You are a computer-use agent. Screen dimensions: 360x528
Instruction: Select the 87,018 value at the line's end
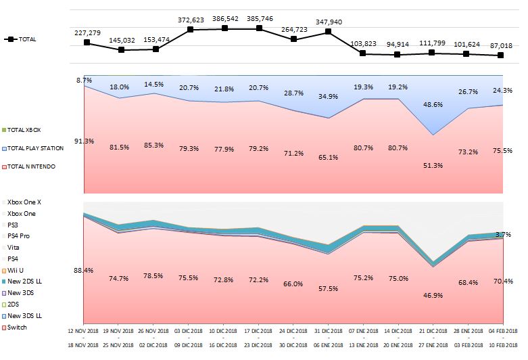pos(501,45)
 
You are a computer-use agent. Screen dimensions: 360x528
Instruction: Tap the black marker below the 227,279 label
pos(87,43)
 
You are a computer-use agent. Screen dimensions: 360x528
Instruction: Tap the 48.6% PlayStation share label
pos(431,105)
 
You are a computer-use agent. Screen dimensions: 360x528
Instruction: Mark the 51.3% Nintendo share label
pos(431,165)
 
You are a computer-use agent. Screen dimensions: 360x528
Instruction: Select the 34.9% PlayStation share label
pos(328,97)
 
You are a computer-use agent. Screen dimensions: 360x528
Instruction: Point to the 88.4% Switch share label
pos(83,271)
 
